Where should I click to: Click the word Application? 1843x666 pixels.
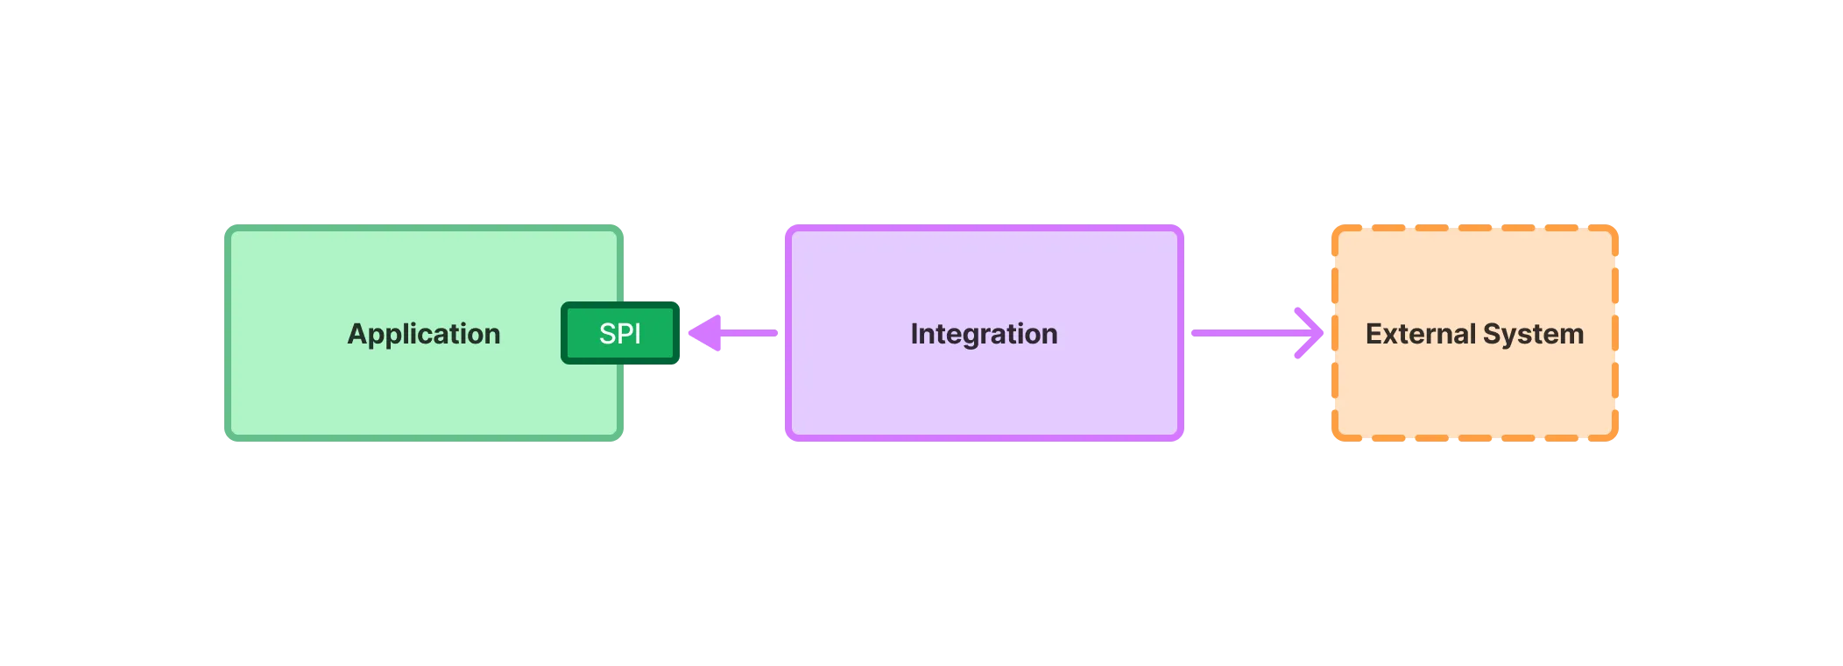(424, 334)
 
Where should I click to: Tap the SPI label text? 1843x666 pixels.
(620, 334)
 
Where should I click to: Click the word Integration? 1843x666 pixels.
(984, 334)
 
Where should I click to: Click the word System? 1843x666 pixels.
(1533, 334)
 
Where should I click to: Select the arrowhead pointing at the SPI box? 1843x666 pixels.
(706, 333)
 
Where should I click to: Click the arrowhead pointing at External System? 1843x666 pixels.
(1308, 333)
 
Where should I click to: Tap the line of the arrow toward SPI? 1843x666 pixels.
(750, 333)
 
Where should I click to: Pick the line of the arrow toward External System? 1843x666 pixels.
(1239, 333)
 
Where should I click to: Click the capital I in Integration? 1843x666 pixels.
(914, 334)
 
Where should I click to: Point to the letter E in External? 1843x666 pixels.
(1373, 334)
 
